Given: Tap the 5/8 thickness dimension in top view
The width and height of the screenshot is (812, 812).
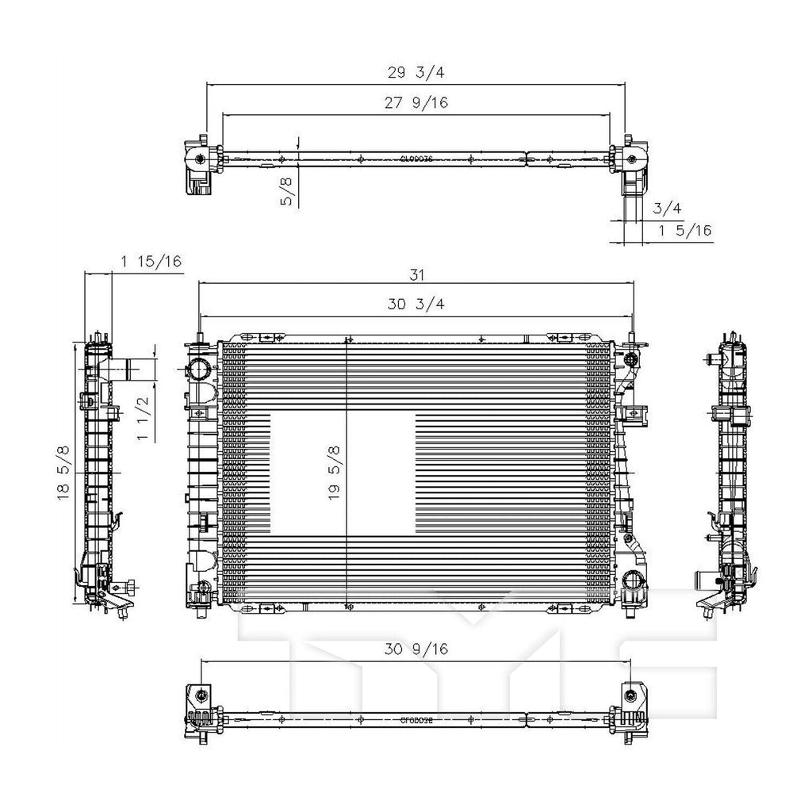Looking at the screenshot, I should (x=287, y=191).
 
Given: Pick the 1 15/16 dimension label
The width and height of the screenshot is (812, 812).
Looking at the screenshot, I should (x=151, y=262).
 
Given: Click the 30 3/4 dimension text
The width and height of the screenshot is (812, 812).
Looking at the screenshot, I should (x=415, y=304).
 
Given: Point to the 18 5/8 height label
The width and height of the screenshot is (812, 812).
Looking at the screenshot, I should (x=64, y=473).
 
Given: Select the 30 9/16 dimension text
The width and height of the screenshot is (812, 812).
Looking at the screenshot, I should (x=416, y=649).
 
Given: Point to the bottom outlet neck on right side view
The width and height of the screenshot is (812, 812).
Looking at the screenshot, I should (x=704, y=581).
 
